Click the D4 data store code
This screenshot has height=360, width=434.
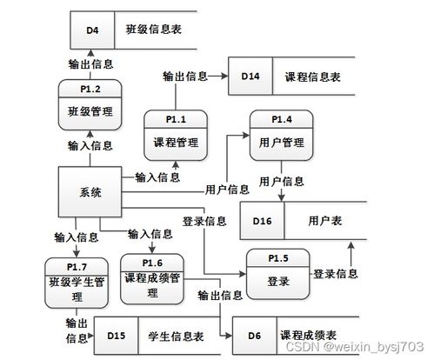[x=92, y=30]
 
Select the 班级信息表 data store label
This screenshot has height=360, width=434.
[x=154, y=30]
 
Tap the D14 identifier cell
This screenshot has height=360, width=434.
[x=250, y=76]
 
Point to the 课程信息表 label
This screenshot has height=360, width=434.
[x=312, y=77]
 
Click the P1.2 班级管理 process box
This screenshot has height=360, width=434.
[x=90, y=105]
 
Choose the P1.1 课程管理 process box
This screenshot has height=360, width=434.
[x=176, y=136]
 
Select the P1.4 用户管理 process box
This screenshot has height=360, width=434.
[x=282, y=136]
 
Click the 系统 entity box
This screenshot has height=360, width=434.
[x=90, y=192]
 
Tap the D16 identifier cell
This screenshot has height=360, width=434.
[x=263, y=221]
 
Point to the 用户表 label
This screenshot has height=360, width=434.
[x=325, y=221]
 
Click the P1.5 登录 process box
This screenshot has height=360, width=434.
[x=278, y=274]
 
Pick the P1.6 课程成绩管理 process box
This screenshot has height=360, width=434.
[x=152, y=279]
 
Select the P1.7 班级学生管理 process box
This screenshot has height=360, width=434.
[x=77, y=283]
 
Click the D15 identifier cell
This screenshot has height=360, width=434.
[x=117, y=336]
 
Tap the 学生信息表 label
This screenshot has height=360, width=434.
[x=176, y=337]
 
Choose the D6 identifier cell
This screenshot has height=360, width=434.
[x=255, y=336]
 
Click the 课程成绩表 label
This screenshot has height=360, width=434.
[x=309, y=336]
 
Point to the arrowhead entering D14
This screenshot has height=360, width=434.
[x=225, y=76]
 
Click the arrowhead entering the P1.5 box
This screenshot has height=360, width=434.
[x=243, y=274]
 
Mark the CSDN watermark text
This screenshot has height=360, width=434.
[x=355, y=347]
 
